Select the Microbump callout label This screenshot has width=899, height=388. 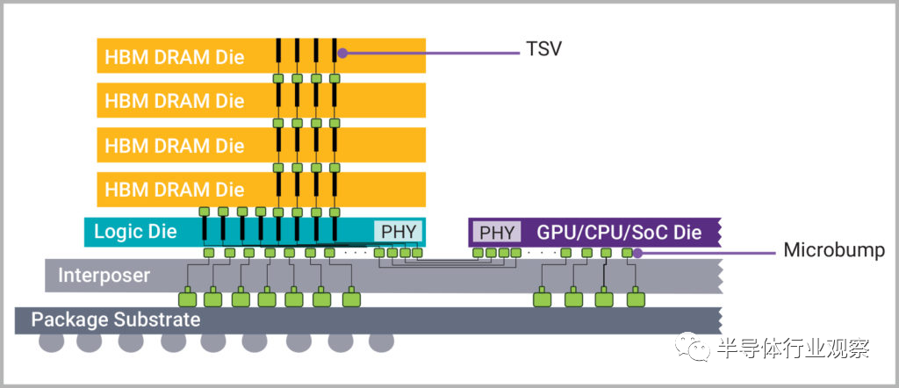coord(833,251)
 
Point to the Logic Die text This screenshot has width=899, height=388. coord(135,232)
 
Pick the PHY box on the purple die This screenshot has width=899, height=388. coord(496,232)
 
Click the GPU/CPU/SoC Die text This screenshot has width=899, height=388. coord(619,233)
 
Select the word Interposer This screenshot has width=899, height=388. coord(104,275)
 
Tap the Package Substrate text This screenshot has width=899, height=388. coord(116,320)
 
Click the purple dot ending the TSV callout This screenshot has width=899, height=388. coord(342,53)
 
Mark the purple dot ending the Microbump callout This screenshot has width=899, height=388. coord(638,254)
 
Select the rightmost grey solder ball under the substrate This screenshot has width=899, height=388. coord(381,341)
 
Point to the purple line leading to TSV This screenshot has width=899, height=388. coord(430,52)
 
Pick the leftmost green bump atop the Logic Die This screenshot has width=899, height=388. coord(204,212)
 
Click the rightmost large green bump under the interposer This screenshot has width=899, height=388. coord(635,298)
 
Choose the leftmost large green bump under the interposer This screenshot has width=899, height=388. coord(190,298)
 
